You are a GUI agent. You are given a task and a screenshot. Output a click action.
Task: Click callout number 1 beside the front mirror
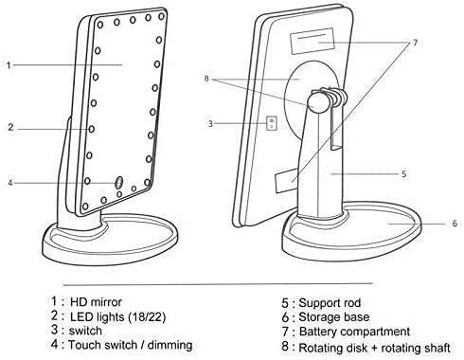tap(9, 65)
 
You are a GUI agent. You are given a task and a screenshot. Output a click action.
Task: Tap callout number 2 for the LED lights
tap(10, 127)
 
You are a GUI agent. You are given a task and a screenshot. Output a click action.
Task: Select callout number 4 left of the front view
tap(10, 183)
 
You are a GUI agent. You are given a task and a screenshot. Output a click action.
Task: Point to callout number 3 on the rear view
tap(210, 123)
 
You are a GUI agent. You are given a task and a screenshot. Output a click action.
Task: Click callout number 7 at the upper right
tap(415, 43)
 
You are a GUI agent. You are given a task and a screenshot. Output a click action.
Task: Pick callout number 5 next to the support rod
tap(403, 174)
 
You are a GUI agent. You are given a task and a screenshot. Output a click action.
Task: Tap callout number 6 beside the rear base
tap(455, 224)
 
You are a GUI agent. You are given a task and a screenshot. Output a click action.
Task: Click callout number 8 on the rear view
tap(206, 79)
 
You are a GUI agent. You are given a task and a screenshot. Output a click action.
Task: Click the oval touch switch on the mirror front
tap(118, 182)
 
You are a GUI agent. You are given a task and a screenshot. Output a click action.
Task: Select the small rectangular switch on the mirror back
tap(272, 123)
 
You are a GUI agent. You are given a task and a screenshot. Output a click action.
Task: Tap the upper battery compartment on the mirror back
tap(312, 42)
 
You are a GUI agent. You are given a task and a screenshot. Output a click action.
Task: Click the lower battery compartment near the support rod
tap(286, 181)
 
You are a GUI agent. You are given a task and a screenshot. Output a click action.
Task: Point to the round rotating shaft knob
tap(317, 102)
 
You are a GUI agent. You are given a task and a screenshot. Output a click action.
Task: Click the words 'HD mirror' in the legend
tap(96, 302)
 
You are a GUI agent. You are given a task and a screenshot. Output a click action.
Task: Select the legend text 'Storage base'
tap(334, 317)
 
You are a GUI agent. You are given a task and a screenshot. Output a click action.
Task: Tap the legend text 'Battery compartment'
tap(354, 332)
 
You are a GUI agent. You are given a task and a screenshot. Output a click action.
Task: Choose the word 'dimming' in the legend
tap(170, 345)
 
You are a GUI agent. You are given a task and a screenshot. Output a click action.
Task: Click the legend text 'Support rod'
tap(330, 303)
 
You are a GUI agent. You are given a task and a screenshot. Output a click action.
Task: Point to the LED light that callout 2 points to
tap(92, 129)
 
